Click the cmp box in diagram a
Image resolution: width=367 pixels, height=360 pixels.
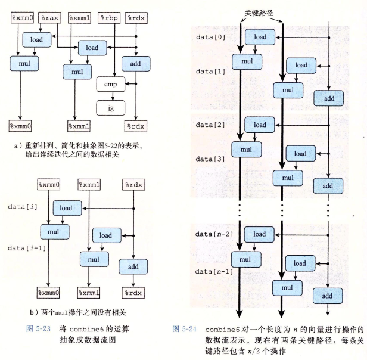pyautogui.click(x=110, y=85)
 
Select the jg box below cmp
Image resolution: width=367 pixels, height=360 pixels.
pyautogui.click(x=110, y=108)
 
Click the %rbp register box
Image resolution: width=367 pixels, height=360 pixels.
pyautogui.click(x=109, y=17)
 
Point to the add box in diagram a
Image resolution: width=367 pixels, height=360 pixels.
pyautogui.click(x=136, y=63)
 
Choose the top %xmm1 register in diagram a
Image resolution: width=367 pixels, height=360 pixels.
pyautogui.click(x=80, y=17)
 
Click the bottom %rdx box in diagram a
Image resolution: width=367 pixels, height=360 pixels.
pyautogui.click(x=136, y=126)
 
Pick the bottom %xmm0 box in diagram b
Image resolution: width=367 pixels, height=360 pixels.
pyautogui.click(x=49, y=293)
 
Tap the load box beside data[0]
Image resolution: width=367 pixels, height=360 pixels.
pyautogui.click(x=260, y=37)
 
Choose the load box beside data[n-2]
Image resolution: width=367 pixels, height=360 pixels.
pyautogui.click(x=260, y=234)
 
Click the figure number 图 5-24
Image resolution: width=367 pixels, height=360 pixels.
pyautogui.click(x=183, y=329)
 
